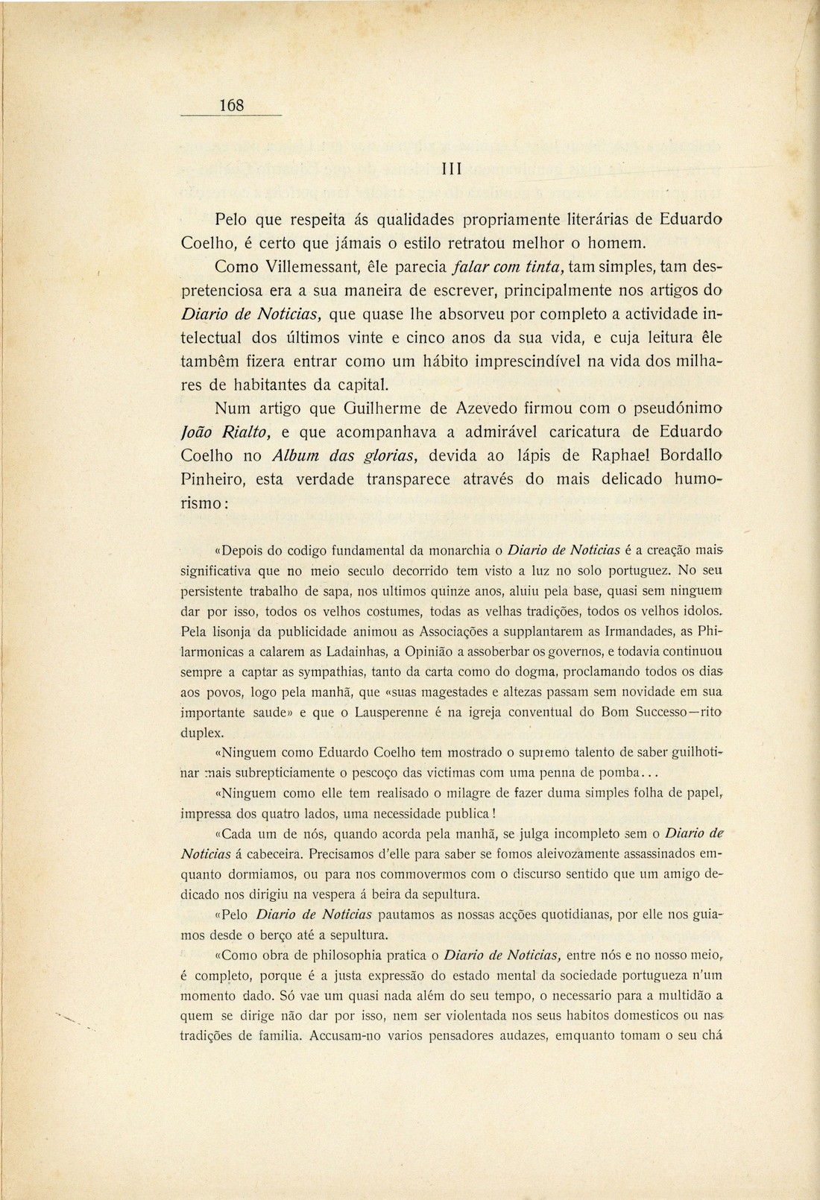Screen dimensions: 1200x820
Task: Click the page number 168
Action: (232, 106)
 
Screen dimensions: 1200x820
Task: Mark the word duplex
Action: (197, 732)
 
